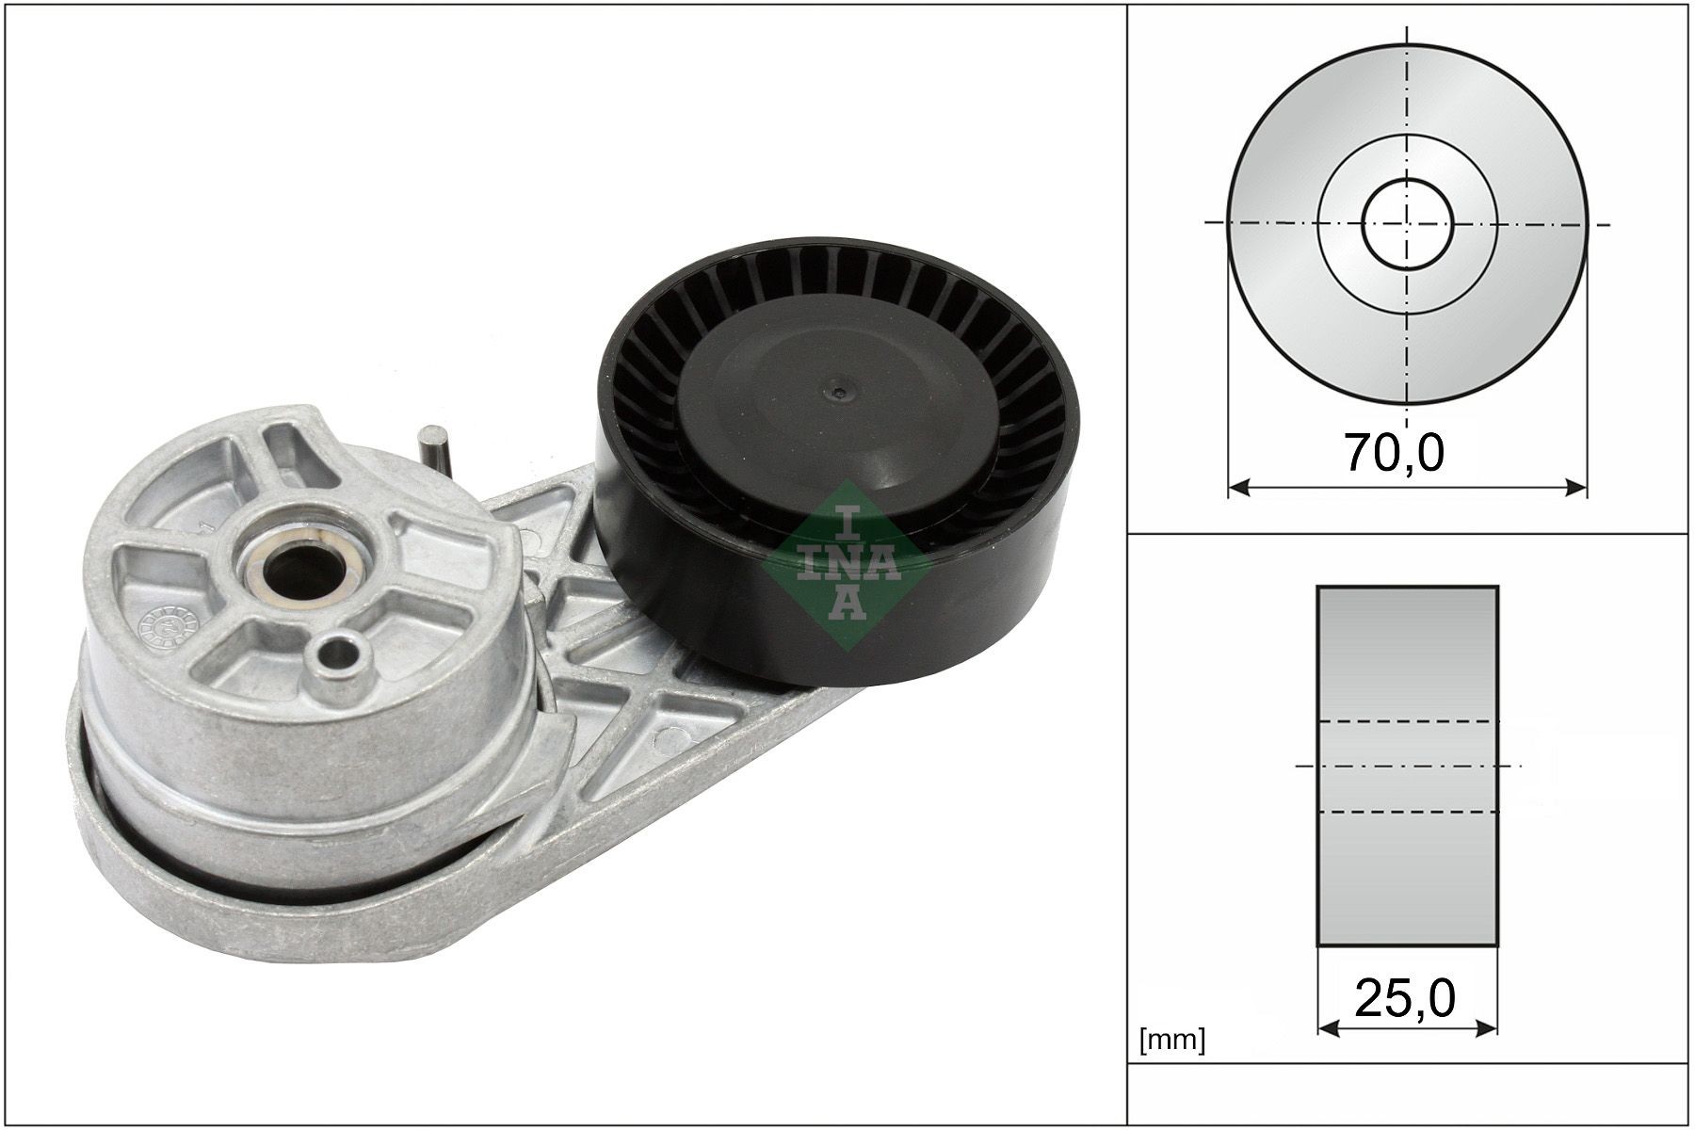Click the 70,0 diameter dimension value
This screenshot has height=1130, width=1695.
[1393, 454]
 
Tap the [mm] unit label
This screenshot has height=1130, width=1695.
[1172, 1041]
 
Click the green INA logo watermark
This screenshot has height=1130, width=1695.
[847, 565]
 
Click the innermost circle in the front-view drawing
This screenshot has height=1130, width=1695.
[1408, 224]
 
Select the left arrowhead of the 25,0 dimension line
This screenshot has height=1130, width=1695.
[1326, 1027]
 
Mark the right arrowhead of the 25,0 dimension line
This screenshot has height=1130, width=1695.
[1488, 1027]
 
